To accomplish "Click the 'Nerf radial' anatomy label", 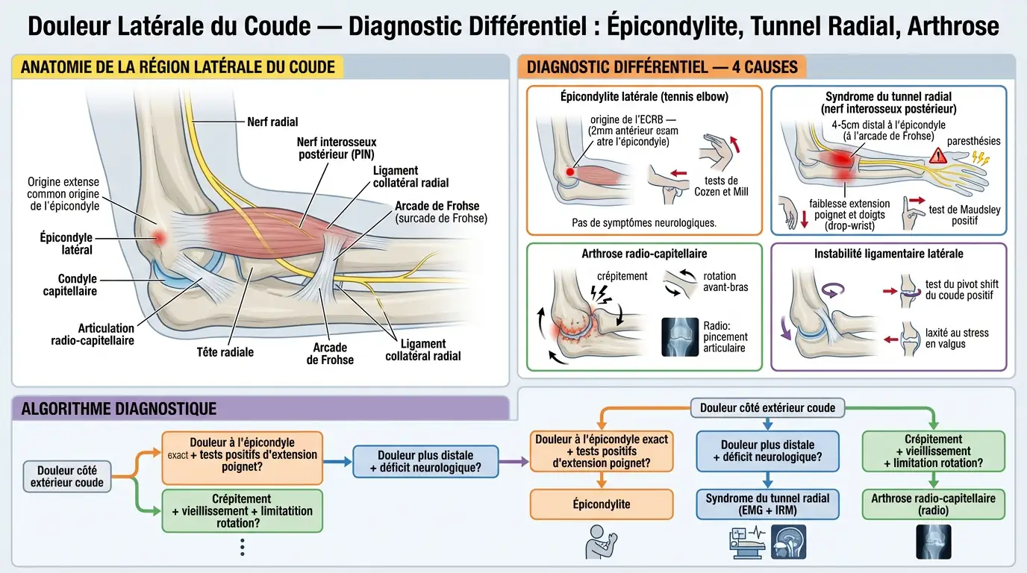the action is click(x=272, y=122).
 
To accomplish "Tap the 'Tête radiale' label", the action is click(x=225, y=352).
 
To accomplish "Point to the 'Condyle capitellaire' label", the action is click(x=69, y=285).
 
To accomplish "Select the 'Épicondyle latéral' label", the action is click(x=66, y=243).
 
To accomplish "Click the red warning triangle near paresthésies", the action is click(x=938, y=157).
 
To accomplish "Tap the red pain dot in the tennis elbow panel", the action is click(x=570, y=172).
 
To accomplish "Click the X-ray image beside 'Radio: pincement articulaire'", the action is click(x=680, y=337).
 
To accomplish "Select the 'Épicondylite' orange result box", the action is click(x=602, y=504).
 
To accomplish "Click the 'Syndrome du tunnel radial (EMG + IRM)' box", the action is click(x=767, y=504).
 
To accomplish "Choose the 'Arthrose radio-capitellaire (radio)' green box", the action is click(x=934, y=504).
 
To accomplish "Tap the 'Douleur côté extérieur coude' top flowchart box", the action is click(x=767, y=407).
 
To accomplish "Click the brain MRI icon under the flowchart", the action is click(x=789, y=542).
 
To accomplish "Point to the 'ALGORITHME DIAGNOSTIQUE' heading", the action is click(x=119, y=408).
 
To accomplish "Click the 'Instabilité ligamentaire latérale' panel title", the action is click(x=888, y=254).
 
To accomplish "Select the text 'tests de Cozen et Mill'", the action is click(x=721, y=186).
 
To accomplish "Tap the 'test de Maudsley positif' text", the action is click(x=964, y=215).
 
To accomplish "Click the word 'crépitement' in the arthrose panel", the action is click(x=622, y=276).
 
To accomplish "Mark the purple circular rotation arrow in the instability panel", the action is click(x=834, y=289).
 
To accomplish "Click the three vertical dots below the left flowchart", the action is click(x=242, y=548).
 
